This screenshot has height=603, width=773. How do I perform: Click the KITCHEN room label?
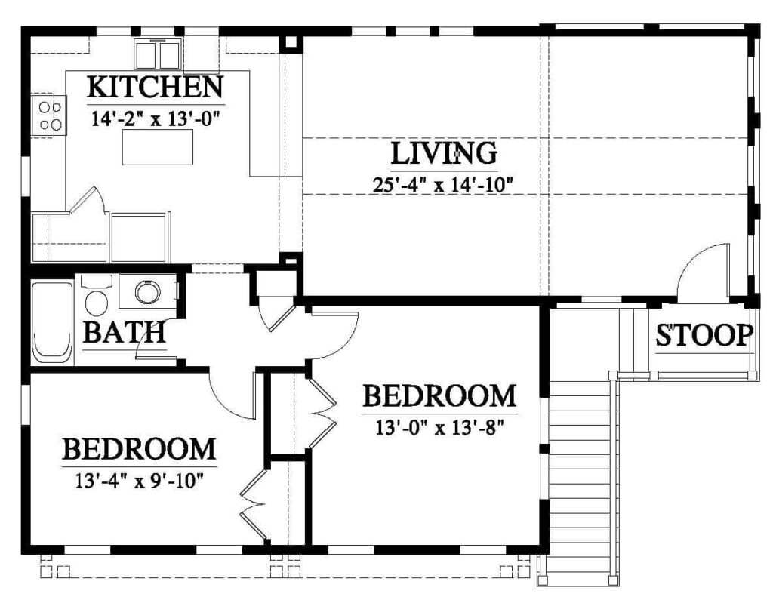point(156,87)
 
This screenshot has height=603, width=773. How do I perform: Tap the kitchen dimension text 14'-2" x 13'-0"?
point(156,118)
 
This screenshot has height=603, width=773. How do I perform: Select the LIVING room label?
point(444,153)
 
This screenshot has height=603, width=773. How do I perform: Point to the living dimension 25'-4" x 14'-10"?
point(443,185)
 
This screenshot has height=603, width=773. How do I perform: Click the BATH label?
point(124,332)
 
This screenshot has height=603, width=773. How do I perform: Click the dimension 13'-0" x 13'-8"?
point(440,427)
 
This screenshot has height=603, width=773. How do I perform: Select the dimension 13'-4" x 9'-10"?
point(140,480)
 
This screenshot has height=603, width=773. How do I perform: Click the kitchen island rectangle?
point(157,147)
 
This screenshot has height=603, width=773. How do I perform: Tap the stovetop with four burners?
point(49,116)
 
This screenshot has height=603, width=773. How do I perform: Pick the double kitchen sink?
point(157,55)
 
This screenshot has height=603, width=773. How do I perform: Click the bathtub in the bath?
point(52,323)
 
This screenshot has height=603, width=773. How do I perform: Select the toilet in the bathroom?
point(97,295)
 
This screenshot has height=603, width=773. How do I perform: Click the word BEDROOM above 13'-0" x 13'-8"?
point(440,396)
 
